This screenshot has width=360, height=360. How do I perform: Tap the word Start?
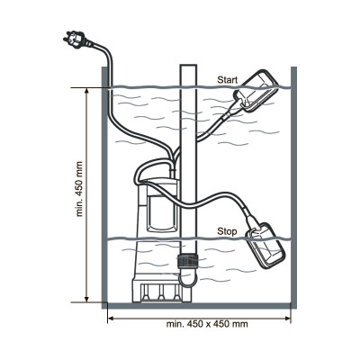pos(227,80)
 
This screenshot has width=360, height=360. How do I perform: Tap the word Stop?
pos(227,231)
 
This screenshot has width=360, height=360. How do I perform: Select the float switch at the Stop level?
pos(265,246)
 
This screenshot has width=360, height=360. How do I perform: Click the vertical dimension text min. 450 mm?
pos(79,189)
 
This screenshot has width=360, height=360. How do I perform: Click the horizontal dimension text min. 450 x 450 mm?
pos(207,324)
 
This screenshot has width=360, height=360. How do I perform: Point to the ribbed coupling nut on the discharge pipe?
pos(188,260)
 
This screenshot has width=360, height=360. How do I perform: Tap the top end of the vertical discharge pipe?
pos(188,65)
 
